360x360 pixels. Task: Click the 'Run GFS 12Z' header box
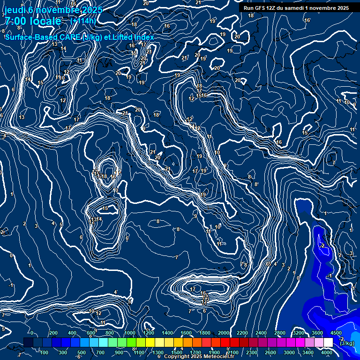coord(296,8)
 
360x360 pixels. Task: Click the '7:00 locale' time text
coord(33,21)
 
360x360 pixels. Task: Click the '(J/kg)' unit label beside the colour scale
coord(347,344)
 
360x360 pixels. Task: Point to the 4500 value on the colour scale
coord(336,333)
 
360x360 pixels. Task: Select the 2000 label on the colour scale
coord(224,333)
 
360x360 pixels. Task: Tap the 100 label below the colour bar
coord(44,352)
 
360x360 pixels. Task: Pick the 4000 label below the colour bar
coord(327,352)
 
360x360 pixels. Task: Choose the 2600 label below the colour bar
coord(270,352)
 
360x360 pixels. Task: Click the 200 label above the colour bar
coord(53,333)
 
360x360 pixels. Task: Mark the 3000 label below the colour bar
coord(289,352)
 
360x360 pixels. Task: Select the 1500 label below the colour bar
coord(177,352)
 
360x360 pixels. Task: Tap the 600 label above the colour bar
coord(91,333)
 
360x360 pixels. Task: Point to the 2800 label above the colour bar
coord(280,333)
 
